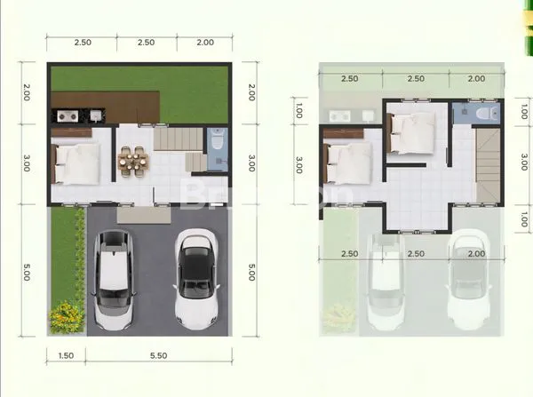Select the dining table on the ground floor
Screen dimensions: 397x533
[134, 162]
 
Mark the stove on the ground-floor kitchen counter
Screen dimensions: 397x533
[66, 115]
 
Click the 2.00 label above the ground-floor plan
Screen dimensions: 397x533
[204, 42]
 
